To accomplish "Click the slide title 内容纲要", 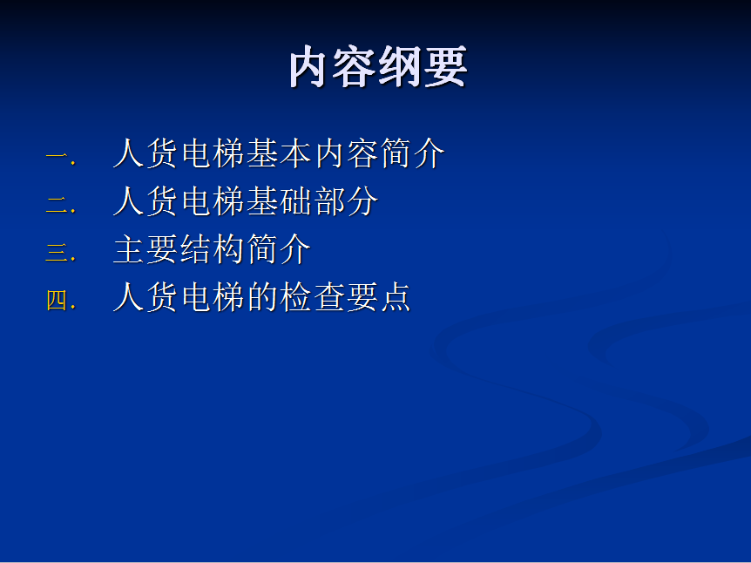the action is (x=378, y=66).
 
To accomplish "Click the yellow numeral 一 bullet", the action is (x=60, y=157).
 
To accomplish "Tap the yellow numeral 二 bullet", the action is (x=60, y=205).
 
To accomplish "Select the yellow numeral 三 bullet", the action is (x=60, y=252).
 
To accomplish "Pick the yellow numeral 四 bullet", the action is (x=60, y=301).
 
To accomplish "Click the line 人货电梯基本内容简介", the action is (x=279, y=153).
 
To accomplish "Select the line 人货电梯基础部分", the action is (x=245, y=201).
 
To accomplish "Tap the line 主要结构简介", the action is (x=212, y=249).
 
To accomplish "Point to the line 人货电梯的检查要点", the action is (x=262, y=297).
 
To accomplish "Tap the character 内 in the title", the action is (x=310, y=66).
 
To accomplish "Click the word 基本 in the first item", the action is (x=280, y=153).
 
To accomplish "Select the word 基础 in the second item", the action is (x=280, y=201).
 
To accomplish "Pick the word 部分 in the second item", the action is (x=346, y=201).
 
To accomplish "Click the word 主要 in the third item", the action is (x=145, y=249).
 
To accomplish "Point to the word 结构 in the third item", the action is (x=212, y=249).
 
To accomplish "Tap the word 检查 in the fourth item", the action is (x=312, y=297).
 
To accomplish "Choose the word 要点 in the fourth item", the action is (x=379, y=297).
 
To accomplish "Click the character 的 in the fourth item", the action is (x=262, y=297).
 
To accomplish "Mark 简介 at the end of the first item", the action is (x=413, y=153).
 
